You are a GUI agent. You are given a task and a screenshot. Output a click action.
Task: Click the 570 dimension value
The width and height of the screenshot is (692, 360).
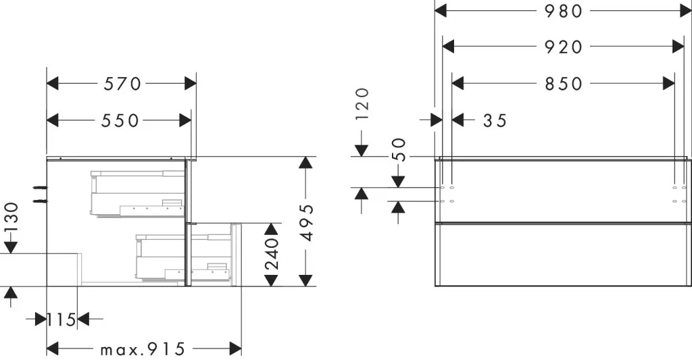(122, 83)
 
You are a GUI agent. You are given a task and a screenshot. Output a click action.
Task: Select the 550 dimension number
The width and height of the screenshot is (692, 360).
(120, 120)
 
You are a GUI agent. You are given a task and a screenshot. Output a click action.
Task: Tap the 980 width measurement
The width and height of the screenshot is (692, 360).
(564, 11)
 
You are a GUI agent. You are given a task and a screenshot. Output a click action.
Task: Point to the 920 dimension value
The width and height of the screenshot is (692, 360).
(564, 47)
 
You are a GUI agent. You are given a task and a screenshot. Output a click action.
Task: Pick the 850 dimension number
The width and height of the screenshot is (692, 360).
(564, 83)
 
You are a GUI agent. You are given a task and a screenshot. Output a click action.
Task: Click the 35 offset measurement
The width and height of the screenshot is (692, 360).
(495, 120)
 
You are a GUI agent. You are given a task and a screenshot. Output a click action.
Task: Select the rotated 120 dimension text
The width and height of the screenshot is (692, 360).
(362, 104)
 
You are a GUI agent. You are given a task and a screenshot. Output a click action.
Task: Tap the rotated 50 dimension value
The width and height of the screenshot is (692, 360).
(399, 149)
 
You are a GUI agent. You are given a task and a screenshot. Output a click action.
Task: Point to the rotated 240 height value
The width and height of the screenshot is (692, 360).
(272, 254)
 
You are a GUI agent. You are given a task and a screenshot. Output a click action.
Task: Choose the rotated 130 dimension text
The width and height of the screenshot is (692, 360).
(11, 217)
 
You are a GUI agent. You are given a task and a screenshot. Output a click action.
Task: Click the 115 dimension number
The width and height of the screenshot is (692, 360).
(61, 319)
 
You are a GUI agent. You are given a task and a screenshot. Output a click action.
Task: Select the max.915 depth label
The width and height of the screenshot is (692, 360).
(142, 349)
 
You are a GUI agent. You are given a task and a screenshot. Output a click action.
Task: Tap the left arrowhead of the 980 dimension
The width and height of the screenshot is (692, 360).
(441, 11)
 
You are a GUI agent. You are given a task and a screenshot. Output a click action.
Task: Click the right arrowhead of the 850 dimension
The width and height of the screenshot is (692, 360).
(668, 83)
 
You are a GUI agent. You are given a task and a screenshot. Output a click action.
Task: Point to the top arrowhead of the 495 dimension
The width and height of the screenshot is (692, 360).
(305, 162)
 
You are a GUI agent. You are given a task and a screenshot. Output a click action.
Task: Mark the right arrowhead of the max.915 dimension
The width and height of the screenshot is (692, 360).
(236, 349)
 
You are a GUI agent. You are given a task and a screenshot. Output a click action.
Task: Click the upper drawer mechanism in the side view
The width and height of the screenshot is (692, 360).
(138, 194)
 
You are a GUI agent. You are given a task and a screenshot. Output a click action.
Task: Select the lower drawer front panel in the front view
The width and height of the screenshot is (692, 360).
(563, 255)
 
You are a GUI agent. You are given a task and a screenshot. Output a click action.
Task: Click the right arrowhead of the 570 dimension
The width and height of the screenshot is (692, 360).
(190, 83)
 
